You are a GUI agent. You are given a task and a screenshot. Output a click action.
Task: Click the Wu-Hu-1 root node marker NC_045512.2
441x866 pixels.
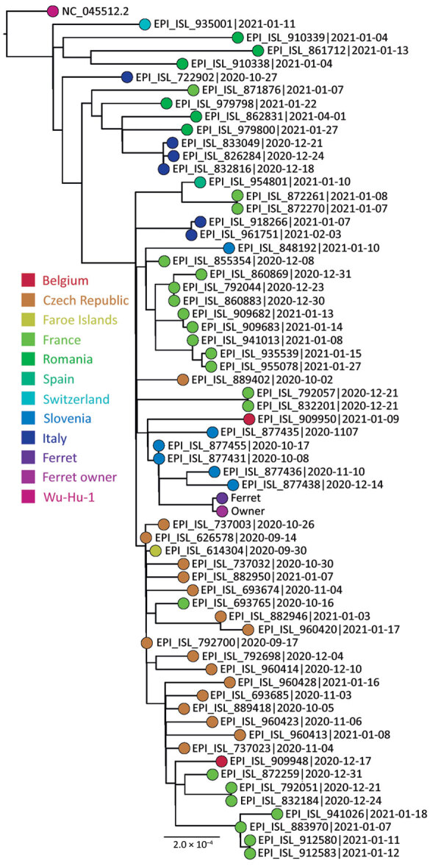coord(53,11)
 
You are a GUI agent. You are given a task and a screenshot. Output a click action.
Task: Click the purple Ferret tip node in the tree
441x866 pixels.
coord(222,498)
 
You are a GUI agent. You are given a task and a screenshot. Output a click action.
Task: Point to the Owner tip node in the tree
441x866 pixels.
coord(222,511)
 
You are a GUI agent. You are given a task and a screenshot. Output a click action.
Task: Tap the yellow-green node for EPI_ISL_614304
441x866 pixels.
coord(156,550)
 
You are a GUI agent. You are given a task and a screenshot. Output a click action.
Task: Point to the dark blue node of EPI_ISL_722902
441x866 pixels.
coord(127,77)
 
